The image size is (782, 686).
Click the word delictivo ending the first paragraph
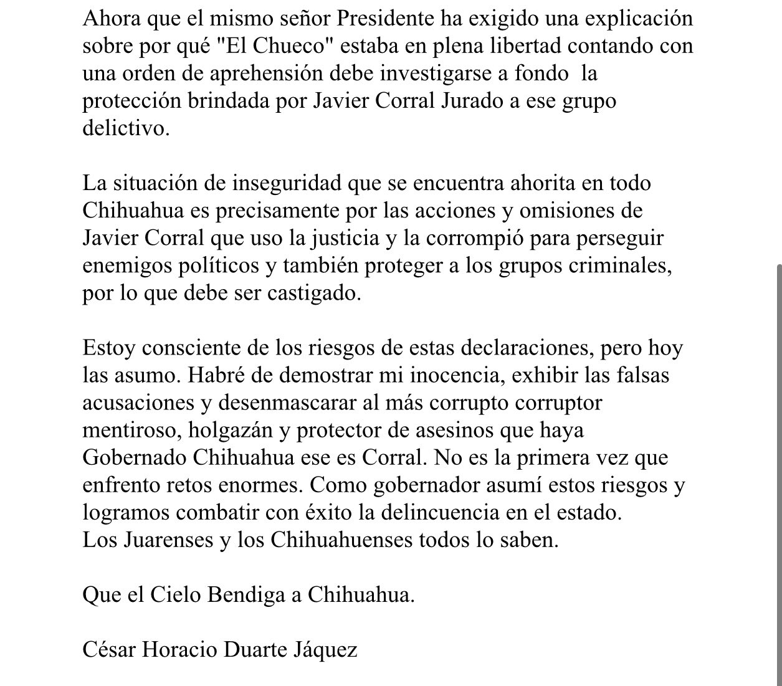(125, 128)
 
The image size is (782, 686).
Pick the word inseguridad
(287, 183)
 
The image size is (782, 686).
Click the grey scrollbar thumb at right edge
(778, 474)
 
